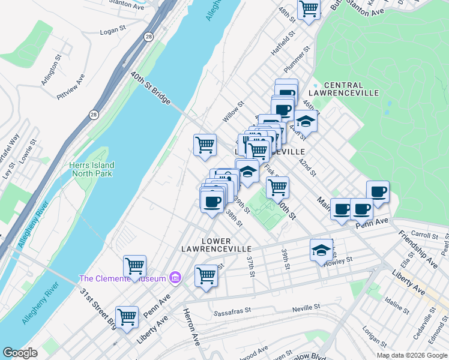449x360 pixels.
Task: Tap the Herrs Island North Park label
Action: tap(92, 169)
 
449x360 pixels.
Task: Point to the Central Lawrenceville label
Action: tap(351, 89)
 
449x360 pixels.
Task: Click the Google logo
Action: tap(20, 353)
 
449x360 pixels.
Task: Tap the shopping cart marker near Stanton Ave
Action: tap(309, 10)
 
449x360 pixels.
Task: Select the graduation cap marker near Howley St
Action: tap(321, 250)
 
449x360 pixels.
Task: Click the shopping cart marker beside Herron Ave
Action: tap(206, 275)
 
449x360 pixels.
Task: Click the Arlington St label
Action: tap(52, 70)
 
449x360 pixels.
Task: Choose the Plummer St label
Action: tap(298, 60)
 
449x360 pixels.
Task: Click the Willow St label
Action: tap(233, 112)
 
